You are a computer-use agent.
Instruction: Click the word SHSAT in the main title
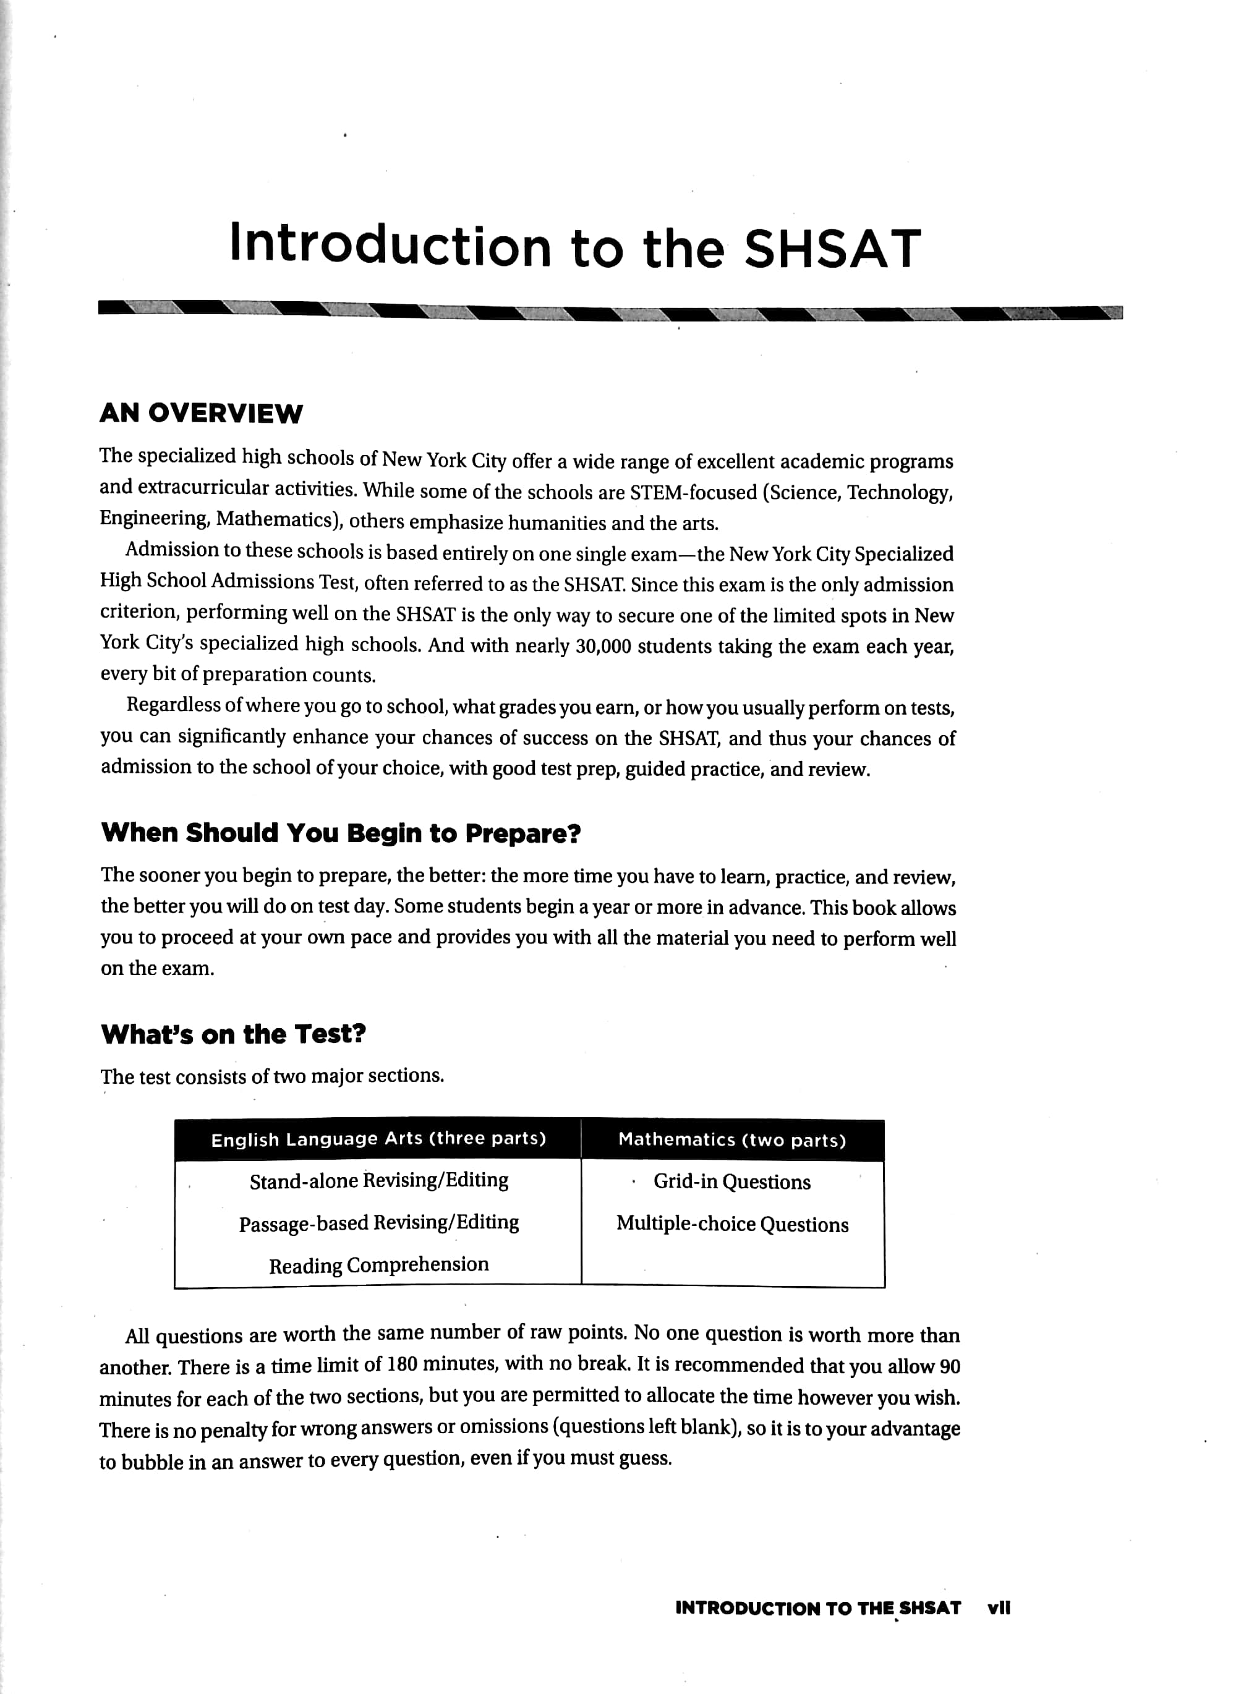pos(832,249)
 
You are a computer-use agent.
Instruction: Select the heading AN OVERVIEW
pos(201,414)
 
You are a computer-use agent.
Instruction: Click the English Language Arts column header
pos(378,1139)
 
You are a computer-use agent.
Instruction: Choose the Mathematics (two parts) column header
pos(732,1139)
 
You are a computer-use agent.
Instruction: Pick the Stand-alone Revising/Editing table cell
pos(379,1181)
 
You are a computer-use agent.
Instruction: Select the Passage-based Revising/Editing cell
pos(379,1223)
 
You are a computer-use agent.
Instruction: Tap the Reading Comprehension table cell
pos(379,1265)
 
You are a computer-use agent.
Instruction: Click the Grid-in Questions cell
pos(732,1181)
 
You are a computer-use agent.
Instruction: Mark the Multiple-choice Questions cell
pos(732,1224)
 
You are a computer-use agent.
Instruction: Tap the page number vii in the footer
pos(999,1608)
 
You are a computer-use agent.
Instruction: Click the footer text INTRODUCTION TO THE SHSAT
pos(818,1608)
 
